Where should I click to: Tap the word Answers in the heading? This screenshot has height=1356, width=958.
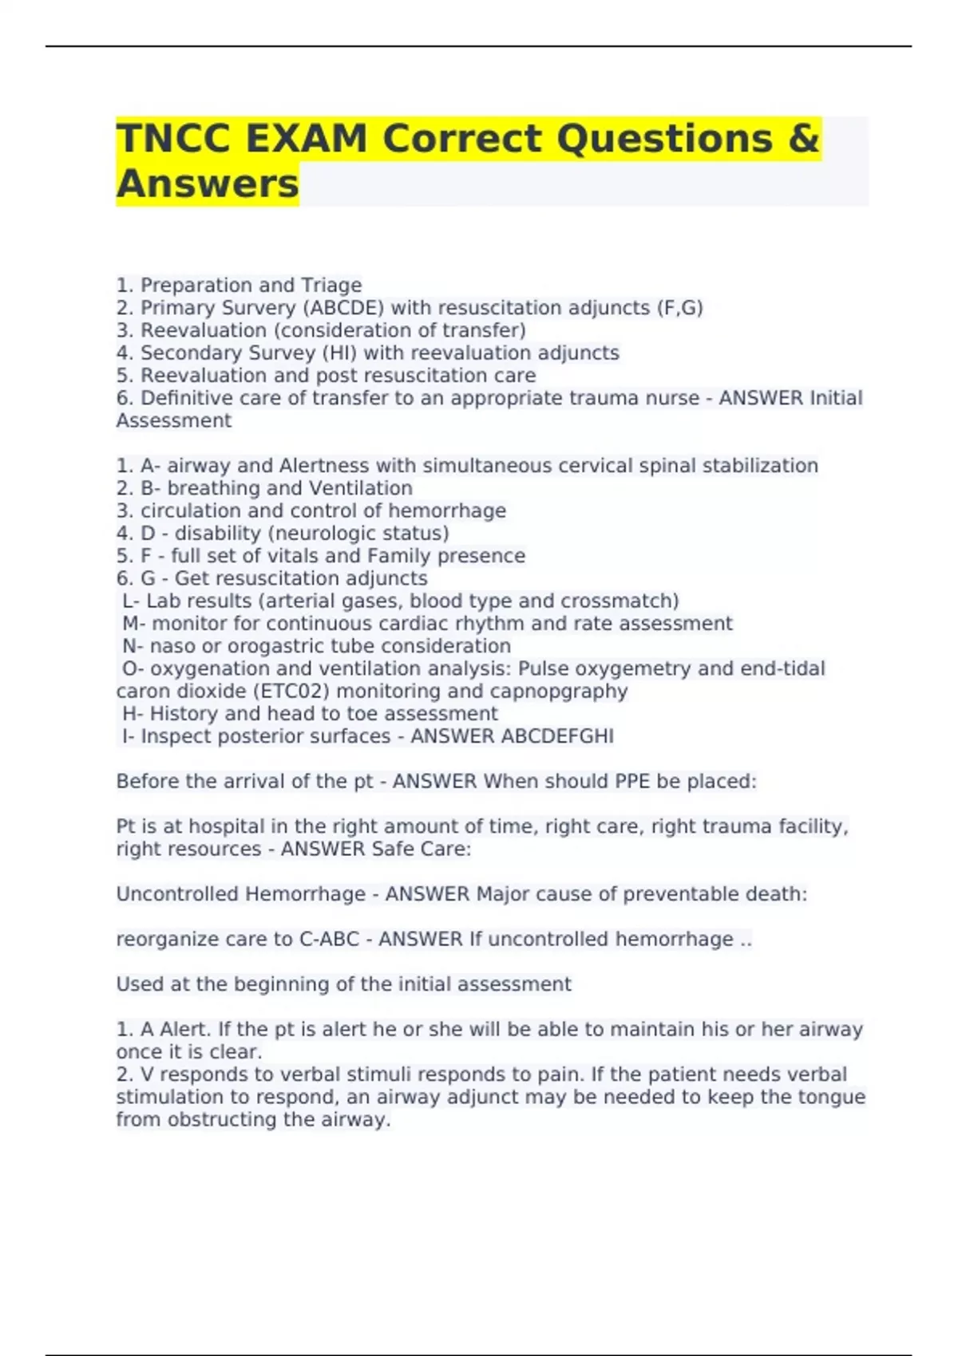208,184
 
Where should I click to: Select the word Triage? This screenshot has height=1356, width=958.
331,285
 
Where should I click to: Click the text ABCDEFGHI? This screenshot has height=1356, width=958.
556,736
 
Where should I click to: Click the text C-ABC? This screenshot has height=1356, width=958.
329,939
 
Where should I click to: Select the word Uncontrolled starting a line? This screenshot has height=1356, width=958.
176,894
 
